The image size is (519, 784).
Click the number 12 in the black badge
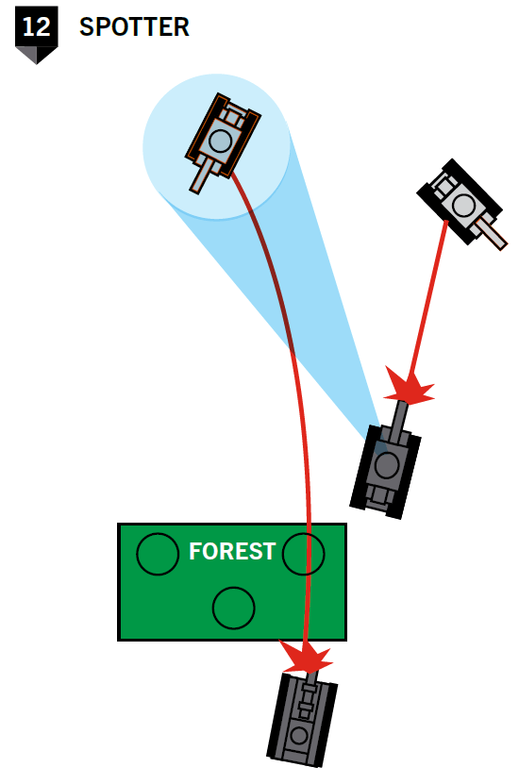click(36, 26)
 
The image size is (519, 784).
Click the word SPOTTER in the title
click(134, 27)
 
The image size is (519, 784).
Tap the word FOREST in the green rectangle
click(232, 552)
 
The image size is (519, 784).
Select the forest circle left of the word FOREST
click(158, 554)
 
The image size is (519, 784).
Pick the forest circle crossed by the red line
click(304, 554)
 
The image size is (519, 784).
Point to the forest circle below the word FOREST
click(233, 608)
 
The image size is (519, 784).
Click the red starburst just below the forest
click(306, 657)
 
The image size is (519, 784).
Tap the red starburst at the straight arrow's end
click(409, 386)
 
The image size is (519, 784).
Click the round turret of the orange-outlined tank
click(220, 141)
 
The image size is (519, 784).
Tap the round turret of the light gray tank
click(463, 205)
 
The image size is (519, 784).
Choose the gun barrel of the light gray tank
click(492, 234)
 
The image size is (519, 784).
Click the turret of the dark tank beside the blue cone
click(387, 466)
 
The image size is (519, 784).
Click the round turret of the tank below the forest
click(299, 736)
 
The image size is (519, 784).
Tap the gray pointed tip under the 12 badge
click(37, 56)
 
